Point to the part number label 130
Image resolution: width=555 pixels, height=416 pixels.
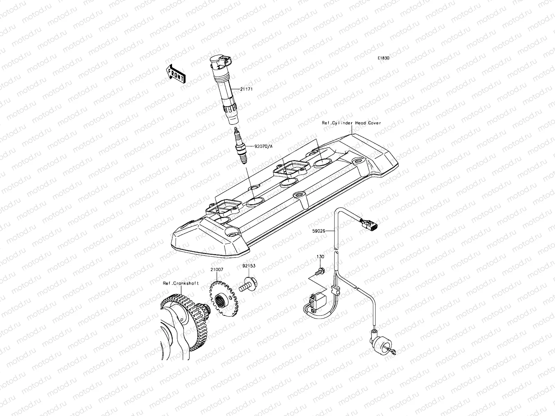coord(320,257)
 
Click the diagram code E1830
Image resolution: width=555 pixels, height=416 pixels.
coord(384,59)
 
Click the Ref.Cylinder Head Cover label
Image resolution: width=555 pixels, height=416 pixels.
coord(351,123)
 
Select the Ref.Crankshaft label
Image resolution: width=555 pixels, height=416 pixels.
coord(181,283)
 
